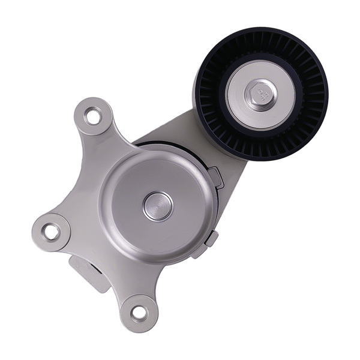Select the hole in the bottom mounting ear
click(x=139, y=312)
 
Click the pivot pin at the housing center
click(x=158, y=206)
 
